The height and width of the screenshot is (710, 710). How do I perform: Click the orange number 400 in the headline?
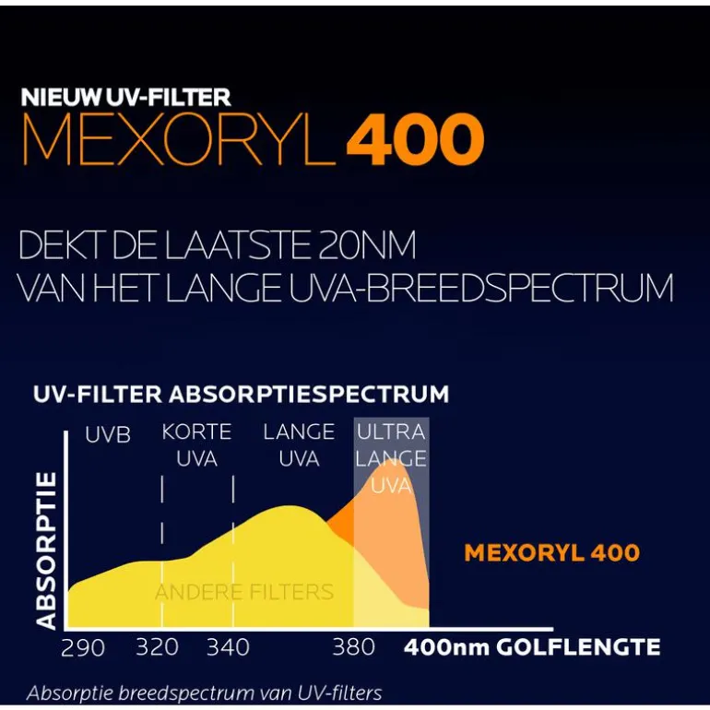click(415, 140)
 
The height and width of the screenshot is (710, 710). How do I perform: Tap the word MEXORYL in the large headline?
click(180, 140)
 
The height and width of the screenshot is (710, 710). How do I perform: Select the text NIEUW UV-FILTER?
click(125, 97)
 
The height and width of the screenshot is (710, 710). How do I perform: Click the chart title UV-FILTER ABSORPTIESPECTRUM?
click(241, 395)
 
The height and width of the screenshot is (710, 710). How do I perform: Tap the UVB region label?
click(108, 433)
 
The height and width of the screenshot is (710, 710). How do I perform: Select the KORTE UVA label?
click(196, 444)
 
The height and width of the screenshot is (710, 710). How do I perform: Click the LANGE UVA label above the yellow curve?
click(299, 444)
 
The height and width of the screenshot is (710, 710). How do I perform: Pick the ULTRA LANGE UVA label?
click(391, 457)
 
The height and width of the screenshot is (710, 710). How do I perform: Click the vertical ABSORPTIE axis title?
click(47, 550)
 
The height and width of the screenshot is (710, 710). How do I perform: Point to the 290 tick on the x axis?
click(83, 648)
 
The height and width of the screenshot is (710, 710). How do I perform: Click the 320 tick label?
click(157, 648)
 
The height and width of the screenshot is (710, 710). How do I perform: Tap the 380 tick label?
click(354, 648)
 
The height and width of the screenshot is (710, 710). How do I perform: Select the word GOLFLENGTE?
click(578, 647)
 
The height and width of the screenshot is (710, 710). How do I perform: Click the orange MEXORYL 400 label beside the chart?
click(551, 552)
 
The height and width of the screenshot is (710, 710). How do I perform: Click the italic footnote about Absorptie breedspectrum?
click(204, 692)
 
